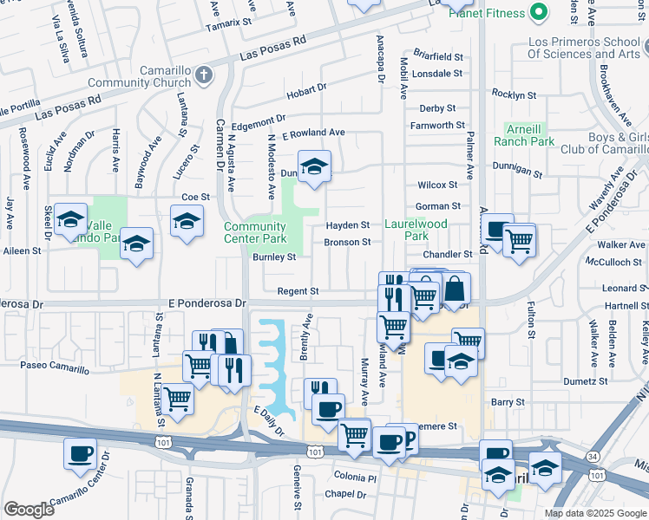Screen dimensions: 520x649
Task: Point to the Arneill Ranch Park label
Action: tap(524, 134)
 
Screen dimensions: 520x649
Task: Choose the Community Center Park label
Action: tap(254, 232)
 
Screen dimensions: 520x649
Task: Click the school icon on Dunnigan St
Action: tap(315, 166)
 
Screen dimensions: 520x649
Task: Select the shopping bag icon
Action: tap(454, 289)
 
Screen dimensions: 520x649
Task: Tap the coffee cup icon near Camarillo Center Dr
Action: tap(81, 453)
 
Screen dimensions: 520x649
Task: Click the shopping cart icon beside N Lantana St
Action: tap(178, 399)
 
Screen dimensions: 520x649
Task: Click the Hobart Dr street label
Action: tap(306, 88)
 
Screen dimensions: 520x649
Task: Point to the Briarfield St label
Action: tap(438, 56)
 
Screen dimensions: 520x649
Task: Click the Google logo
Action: tap(29, 510)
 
